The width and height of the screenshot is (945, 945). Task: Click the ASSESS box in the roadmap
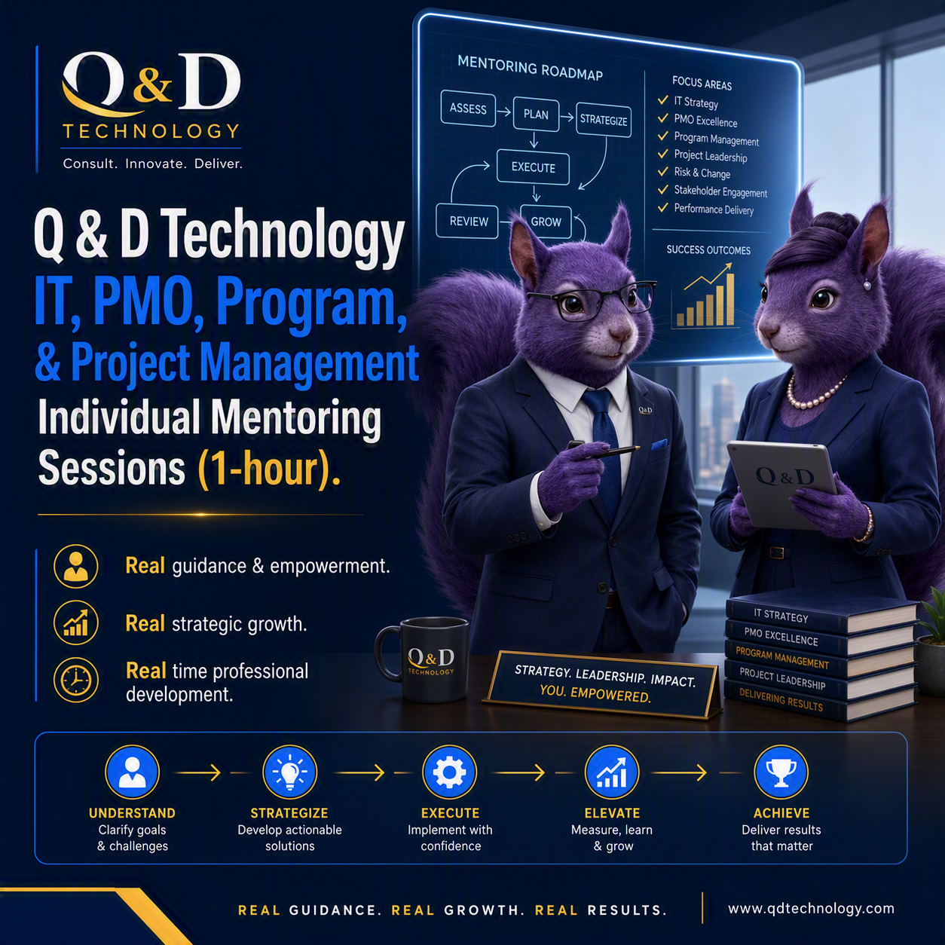[468, 109]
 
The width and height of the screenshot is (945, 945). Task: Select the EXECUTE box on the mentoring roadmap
[533, 167]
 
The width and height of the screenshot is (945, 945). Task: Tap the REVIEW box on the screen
[467, 221]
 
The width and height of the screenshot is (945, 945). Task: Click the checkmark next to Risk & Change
[663, 172]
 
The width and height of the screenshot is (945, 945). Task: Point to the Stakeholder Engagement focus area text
[720, 191]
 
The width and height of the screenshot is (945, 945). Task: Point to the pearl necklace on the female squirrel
[814, 393]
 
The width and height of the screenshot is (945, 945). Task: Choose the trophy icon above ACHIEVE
[781, 772]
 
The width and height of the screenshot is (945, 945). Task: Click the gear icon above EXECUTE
[449, 772]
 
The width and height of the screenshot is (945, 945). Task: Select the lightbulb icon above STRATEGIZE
[290, 772]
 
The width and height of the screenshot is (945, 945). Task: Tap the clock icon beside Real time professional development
[75, 680]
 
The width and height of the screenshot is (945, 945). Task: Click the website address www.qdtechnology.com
[811, 909]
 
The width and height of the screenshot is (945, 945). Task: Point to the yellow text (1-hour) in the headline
[269, 469]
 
